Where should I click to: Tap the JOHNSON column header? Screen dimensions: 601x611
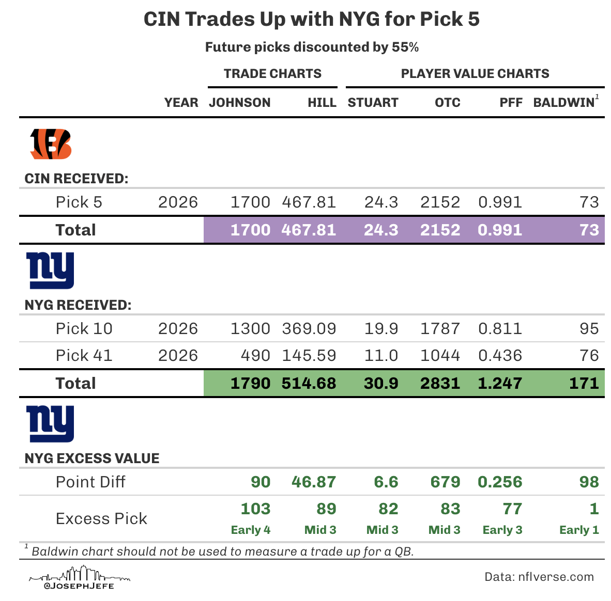tap(239, 103)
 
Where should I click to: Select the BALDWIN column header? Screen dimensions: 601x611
tap(564, 103)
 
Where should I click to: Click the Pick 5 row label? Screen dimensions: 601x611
tap(79, 202)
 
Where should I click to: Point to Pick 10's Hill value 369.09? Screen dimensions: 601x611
tap(309, 328)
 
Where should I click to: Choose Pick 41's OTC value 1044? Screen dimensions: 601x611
tap(440, 355)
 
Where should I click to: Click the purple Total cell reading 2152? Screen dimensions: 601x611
tap(440, 230)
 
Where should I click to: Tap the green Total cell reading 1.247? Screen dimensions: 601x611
tap(500, 383)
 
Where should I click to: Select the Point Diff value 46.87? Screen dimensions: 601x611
tap(314, 482)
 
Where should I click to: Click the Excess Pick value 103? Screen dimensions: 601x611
tap(255, 509)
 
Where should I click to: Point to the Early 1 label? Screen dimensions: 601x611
tap(579, 530)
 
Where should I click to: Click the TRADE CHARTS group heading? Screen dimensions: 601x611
tap(272, 74)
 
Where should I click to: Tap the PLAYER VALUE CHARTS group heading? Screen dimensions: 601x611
tap(475, 74)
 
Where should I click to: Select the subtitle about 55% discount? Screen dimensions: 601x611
tap(312, 48)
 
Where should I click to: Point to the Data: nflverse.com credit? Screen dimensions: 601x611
tap(539, 577)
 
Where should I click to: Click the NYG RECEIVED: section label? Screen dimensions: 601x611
tap(78, 305)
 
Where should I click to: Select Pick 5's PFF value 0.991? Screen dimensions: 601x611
tap(500, 202)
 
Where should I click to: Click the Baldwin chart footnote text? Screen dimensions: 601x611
tap(222, 551)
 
